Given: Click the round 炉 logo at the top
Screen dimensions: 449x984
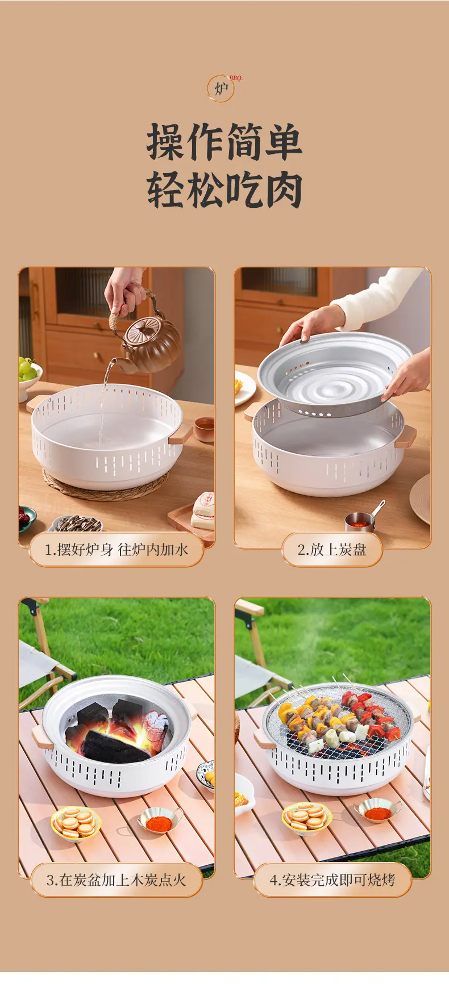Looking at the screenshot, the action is pos(221,89).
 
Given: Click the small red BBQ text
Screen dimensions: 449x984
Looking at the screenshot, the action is pos(236,78).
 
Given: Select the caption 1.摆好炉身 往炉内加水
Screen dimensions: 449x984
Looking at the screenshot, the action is pos(116,550).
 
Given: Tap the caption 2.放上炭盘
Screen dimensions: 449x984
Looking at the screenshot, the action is pos(332,550).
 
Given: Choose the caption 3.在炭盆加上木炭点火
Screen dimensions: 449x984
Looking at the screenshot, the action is pos(116,880).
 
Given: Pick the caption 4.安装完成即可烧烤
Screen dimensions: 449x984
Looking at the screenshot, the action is pos(332,880).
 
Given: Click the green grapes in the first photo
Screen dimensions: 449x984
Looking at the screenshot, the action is pos(27,369).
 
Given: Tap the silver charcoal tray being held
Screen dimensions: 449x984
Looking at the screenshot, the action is pos(334,375).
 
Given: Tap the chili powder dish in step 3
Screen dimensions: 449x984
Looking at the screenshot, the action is pos(160,820).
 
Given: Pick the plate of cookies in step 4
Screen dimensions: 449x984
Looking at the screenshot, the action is pos(307,818).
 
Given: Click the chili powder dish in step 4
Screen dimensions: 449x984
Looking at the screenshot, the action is pos(378,811).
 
